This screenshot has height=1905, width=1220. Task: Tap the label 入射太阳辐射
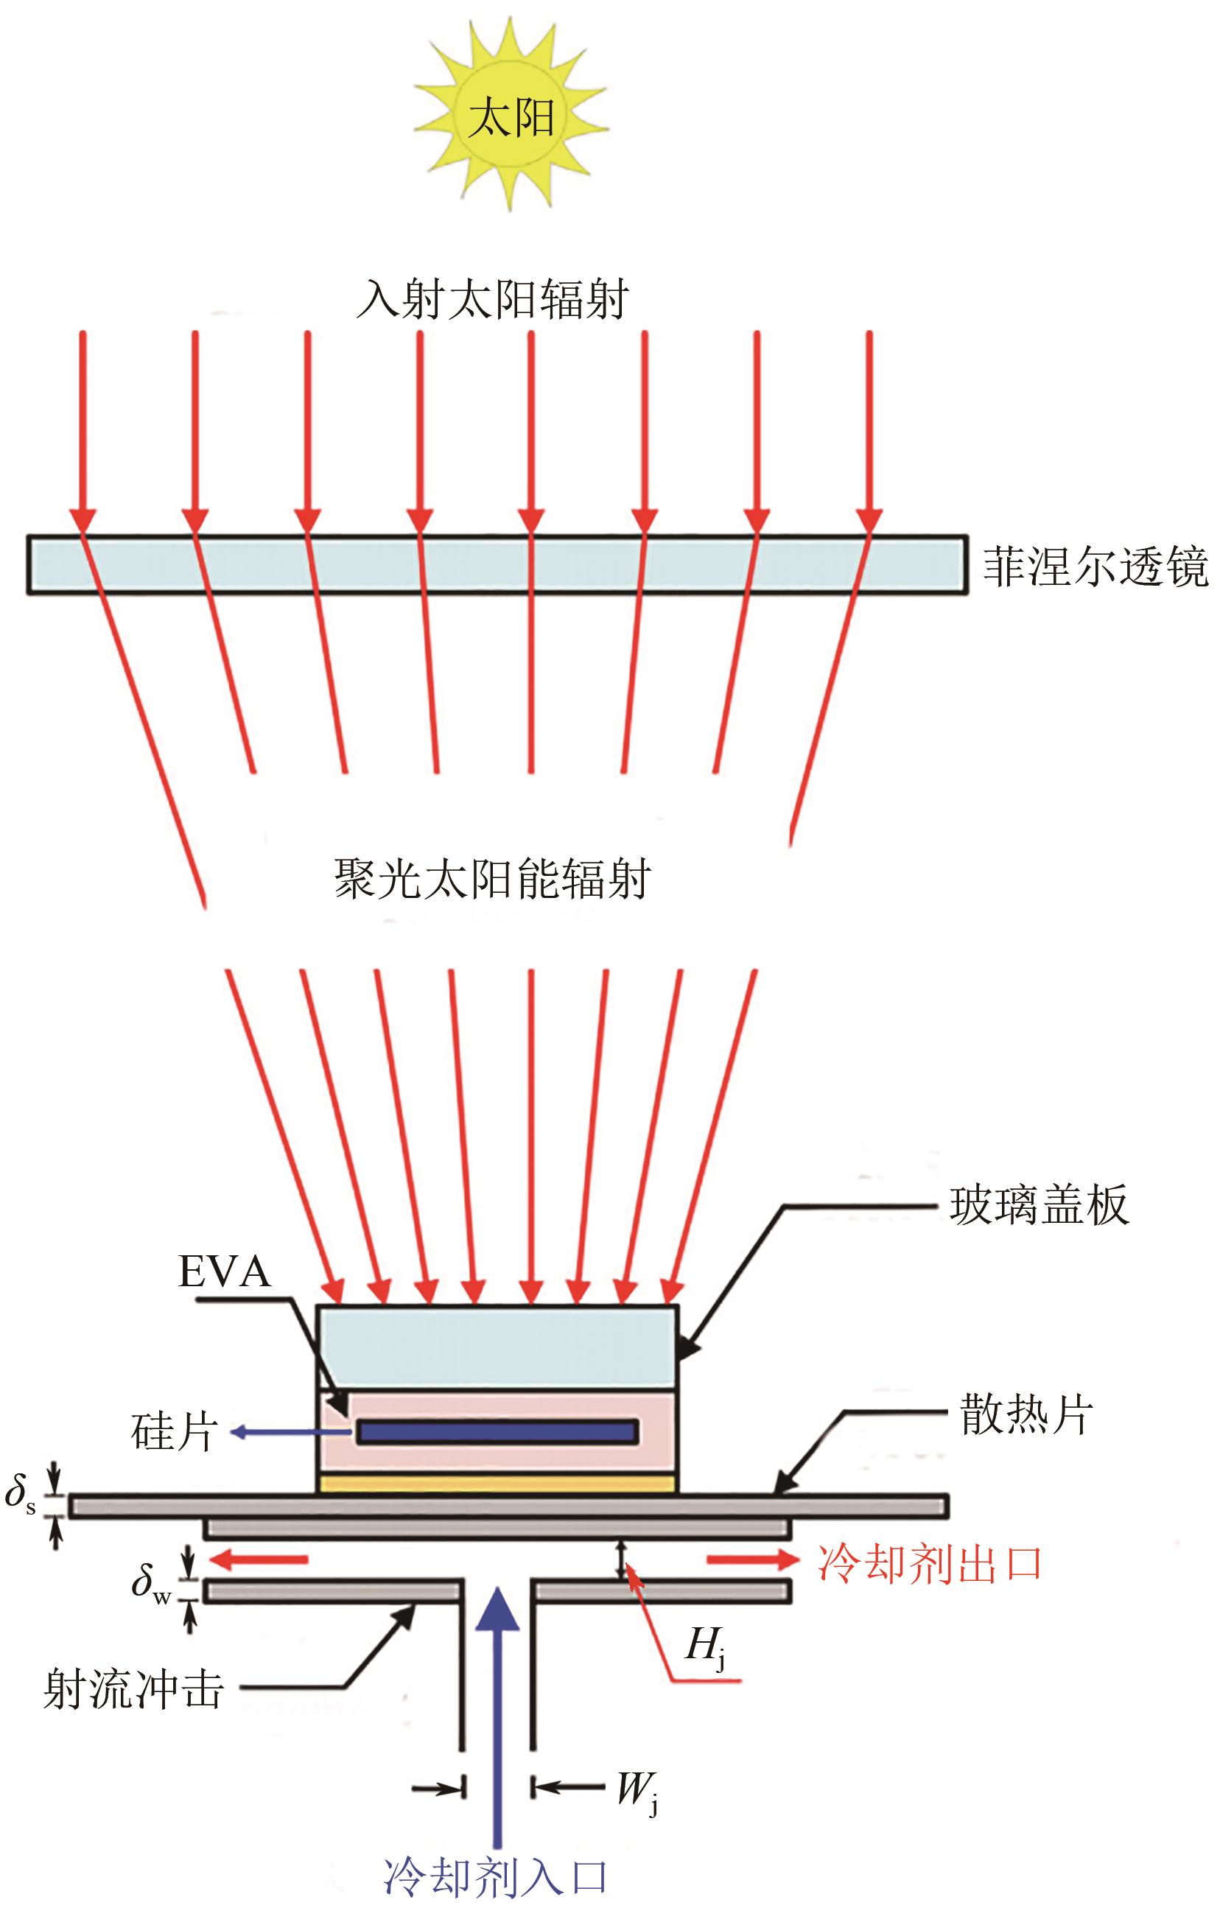(x=492, y=299)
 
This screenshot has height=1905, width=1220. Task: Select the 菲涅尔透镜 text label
(x=1095, y=566)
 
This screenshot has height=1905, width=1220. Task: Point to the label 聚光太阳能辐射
(x=492, y=880)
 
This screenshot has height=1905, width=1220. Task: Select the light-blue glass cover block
(x=497, y=1346)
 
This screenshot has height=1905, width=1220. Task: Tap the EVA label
(x=225, y=1271)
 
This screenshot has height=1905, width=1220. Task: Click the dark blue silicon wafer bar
(x=497, y=1432)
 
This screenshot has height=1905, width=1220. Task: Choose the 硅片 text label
(x=175, y=1432)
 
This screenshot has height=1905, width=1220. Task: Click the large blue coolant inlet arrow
(x=497, y=1703)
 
